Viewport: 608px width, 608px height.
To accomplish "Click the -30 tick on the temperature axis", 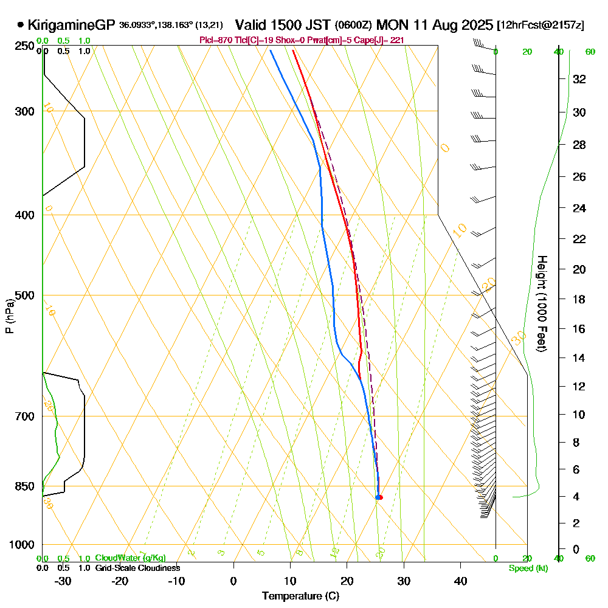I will tap(63, 581).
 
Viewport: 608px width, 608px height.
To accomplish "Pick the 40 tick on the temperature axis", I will tap(460, 581).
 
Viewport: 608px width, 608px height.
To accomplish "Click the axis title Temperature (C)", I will tap(300, 596).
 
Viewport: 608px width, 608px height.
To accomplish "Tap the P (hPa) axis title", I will tap(9, 316).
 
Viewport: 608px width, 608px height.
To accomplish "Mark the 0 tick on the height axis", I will tap(576, 550).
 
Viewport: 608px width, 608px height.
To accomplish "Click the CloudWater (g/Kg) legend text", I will tap(130, 558).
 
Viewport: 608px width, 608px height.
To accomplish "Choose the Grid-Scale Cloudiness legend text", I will tap(137, 568).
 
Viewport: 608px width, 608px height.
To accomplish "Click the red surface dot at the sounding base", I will tap(380, 497).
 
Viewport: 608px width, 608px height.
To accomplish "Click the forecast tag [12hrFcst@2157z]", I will tap(541, 26).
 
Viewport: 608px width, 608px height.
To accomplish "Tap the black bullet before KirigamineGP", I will tap(21, 26).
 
